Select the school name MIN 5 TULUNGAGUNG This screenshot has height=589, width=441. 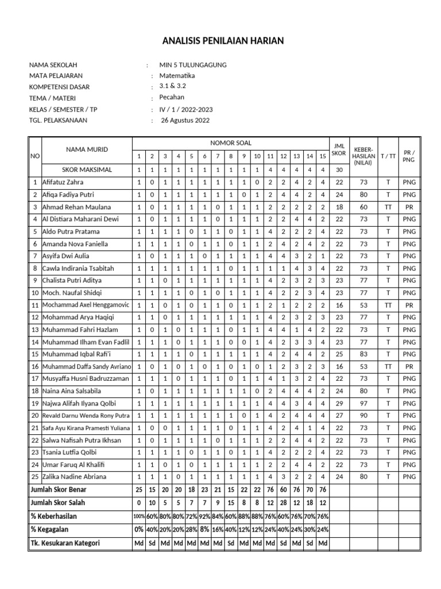193,65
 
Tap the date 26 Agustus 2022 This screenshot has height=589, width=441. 185,120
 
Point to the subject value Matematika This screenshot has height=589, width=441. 177,76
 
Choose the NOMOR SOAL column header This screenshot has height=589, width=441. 231,143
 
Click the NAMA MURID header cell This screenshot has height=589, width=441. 86,150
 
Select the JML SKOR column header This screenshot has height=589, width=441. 339,150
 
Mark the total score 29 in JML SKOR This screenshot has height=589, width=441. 339,403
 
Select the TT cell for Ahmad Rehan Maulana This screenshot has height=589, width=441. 388,206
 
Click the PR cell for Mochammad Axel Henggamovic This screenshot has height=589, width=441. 409,305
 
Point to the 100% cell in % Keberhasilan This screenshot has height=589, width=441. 138,517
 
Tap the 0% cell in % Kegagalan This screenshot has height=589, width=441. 138,529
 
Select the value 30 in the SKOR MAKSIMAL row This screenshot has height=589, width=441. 339,170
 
